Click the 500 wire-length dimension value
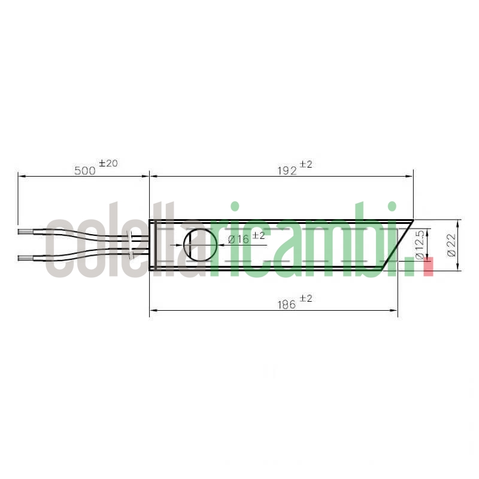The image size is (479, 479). [85, 170]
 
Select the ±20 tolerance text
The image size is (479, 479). [108, 163]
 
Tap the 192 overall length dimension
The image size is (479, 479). [287, 170]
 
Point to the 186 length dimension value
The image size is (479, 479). [287, 304]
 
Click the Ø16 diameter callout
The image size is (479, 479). [238, 239]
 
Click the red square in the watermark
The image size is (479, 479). [428, 266]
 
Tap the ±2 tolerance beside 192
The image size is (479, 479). [306, 164]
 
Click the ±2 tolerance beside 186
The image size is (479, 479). [306, 298]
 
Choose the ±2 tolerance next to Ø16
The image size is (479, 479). [258, 235]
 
